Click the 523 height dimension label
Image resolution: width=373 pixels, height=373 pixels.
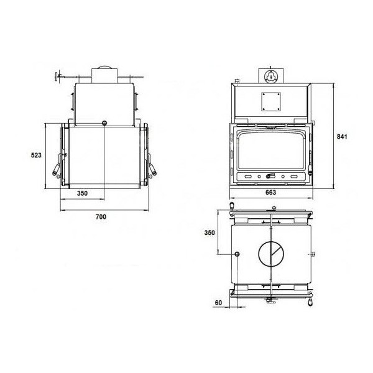pyautogui.click(x=36, y=155)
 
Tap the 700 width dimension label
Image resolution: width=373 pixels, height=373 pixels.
pyautogui.click(x=101, y=217)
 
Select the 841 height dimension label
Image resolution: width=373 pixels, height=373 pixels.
pyautogui.click(x=342, y=137)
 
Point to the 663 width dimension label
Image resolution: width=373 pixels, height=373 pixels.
pyautogui.click(x=270, y=192)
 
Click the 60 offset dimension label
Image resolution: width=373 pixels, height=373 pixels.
pyautogui.click(x=218, y=303)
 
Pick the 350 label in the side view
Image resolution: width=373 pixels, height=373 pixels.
pyautogui.click(x=82, y=193)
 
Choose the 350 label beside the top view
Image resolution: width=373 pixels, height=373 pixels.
pyautogui.click(x=210, y=233)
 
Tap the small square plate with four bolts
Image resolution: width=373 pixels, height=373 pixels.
pyautogui.click(x=270, y=101)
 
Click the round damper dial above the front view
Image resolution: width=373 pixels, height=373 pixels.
pyautogui.click(x=270, y=76)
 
